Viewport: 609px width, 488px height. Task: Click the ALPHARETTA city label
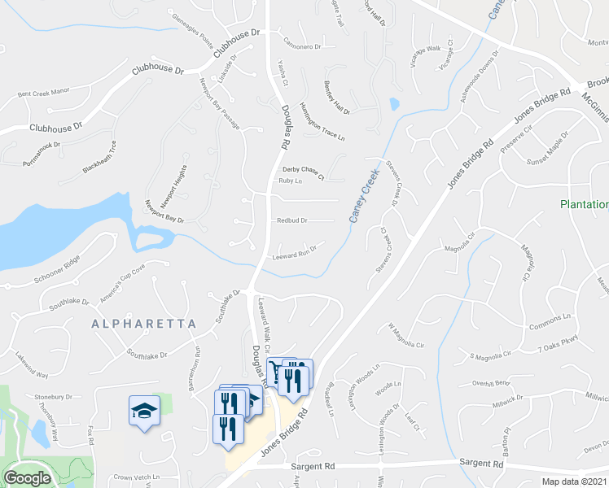click(x=144, y=324)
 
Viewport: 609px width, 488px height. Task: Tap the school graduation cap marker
click(x=144, y=411)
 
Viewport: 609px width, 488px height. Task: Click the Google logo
click(x=27, y=477)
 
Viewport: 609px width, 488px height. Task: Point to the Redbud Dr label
click(x=291, y=220)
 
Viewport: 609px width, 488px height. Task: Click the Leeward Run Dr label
click(x=294, y=254)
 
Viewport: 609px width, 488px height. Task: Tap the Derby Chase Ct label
click(x=303, y=171)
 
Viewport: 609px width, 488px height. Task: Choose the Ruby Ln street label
click(x=290, y=181)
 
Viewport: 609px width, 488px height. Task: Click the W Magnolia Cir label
click(x=406, y=336)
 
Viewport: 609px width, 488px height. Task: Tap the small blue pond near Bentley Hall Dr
click(x=395, y=104)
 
